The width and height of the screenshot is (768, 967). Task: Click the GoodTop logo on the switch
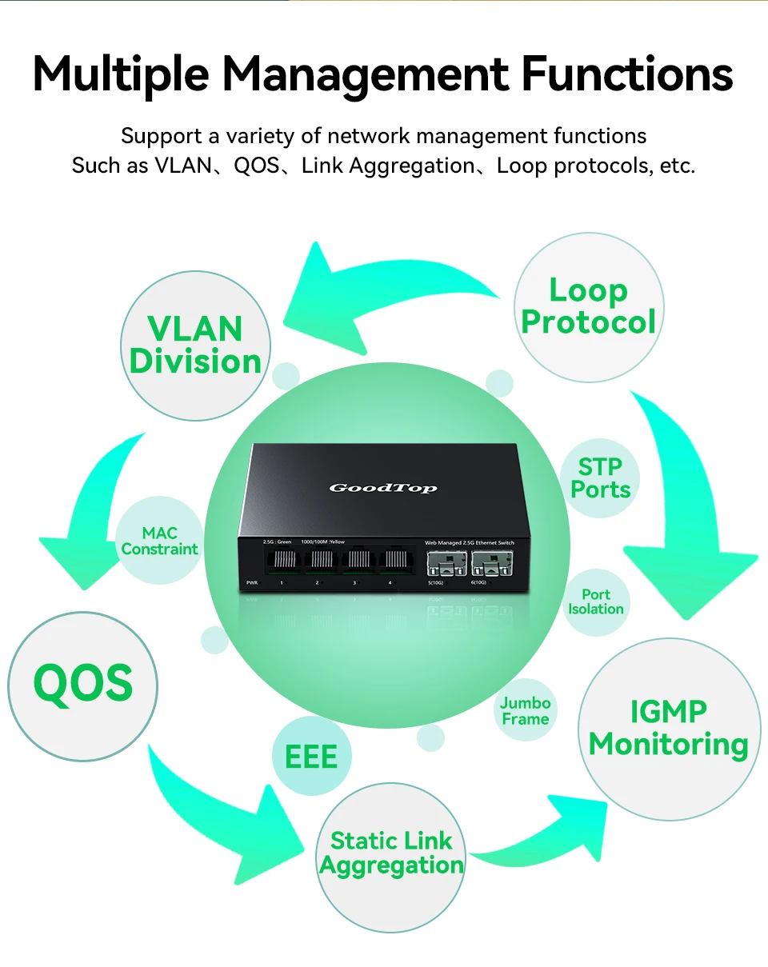click(383, 487)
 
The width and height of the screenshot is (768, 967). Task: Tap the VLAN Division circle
click(195, 346)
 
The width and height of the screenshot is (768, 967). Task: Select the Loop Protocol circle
click(589, 307)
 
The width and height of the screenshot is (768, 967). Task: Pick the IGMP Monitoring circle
click(669, 728)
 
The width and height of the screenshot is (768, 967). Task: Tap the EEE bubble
click(311, 756)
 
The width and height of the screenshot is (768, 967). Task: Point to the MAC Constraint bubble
click(159, 541)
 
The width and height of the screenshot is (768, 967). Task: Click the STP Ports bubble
click(600, 478)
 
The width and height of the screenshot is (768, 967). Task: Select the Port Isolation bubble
click(596, 602)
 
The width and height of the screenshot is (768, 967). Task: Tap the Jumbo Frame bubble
click(526, 710)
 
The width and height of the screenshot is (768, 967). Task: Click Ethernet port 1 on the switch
click(284, 560)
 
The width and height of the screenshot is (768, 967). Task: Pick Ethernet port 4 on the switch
click(392, 560)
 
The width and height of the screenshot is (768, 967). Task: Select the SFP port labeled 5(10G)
click(442, 562)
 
